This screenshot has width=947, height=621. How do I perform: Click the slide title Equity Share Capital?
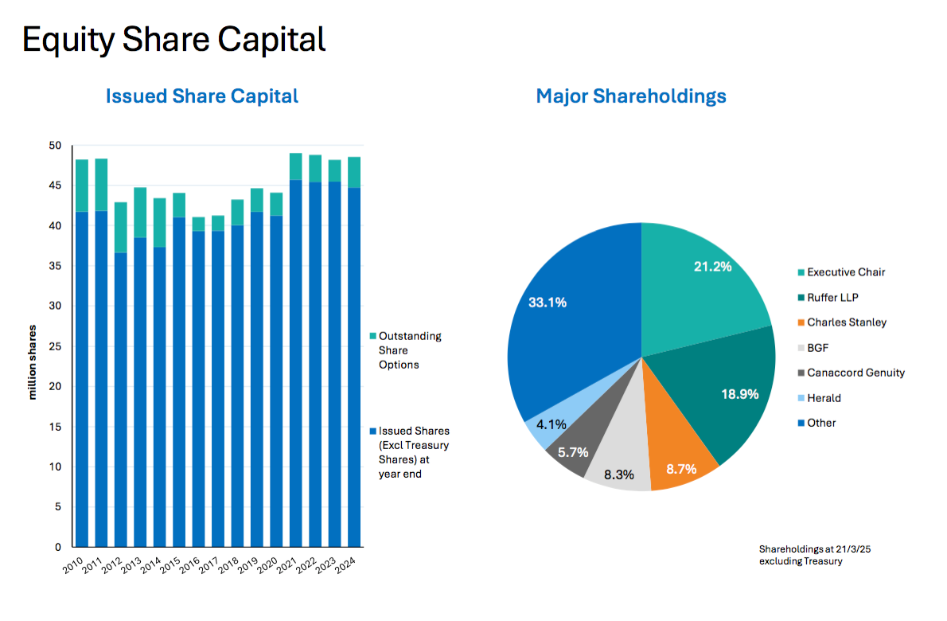tap(173, 39)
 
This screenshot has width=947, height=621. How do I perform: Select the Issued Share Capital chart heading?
tap(202, 96)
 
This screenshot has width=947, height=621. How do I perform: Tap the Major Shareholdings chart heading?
tap(631, 96)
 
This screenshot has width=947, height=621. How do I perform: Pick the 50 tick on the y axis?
tap(55, 146)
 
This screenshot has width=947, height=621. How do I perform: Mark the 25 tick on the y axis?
tap(55, 346)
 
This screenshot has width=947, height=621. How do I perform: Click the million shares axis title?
tap(34, 361)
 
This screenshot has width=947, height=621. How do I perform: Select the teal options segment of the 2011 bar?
tap(101, 185)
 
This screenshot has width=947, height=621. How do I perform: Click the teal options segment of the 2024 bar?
tap(353, 172)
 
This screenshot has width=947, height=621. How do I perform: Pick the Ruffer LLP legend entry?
tap(831, 297)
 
